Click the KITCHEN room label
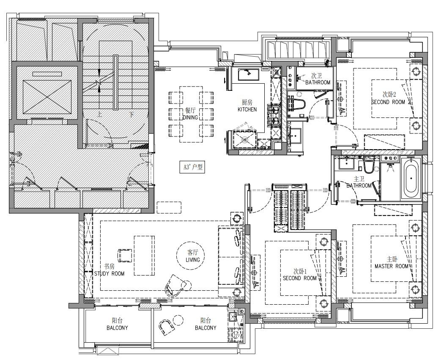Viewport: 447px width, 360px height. coord(247,109)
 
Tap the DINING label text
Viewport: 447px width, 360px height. coord(190,117)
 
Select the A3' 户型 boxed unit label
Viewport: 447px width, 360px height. coord(193,167)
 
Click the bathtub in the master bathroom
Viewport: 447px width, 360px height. coord(411,178)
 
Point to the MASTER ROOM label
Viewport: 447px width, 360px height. coord(392,266)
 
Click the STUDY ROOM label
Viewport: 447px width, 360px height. coord(110,274)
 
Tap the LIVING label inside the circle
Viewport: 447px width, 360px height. coord(193,260)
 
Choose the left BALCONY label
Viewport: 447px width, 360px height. coord(117,328)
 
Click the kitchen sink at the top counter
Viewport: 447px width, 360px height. coord(249,74)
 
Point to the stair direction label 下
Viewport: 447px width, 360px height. coord(131,115)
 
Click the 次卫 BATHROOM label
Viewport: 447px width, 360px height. coord(318,79)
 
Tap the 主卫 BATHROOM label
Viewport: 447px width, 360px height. coord(359,182)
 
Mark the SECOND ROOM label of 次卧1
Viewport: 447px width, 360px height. coord(299,278)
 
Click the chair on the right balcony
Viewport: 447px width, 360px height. coord(167,327)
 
